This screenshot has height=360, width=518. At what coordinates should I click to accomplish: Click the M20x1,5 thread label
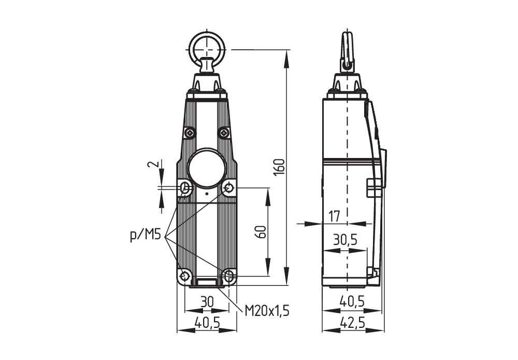267,310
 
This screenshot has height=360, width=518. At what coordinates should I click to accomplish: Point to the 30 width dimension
207,301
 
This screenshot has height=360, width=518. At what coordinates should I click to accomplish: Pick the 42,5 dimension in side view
352,323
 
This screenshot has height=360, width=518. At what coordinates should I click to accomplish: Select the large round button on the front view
207,168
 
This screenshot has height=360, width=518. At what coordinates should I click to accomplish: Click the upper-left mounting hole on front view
184,188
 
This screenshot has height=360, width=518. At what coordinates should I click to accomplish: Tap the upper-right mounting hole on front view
229,188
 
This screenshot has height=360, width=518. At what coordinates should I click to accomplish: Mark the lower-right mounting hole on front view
229,276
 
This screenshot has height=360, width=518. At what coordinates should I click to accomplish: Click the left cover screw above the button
190,133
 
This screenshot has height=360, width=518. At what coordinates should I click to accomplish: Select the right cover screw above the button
224,133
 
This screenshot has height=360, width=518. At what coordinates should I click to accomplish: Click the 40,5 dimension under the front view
207,323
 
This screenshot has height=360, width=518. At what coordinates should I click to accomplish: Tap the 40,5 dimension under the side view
352,301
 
